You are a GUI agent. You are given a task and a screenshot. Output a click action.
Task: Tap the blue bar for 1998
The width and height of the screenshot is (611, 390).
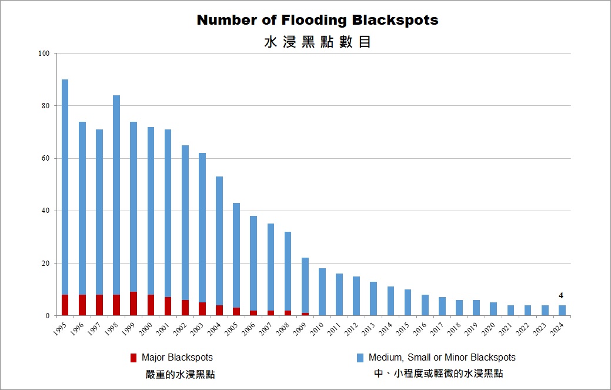click(116, 195)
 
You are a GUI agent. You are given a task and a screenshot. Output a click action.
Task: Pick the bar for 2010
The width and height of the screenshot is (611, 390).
click(322, 292)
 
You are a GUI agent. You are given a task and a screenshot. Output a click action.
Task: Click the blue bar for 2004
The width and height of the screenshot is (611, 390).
click(219, 241)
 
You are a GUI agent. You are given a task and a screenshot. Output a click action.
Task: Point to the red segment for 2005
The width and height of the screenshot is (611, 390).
click(236, 311)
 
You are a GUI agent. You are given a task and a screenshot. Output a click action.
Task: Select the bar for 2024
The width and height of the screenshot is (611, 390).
click(562, 310)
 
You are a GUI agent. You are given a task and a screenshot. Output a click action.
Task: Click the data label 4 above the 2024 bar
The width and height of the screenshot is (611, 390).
click(562, 295)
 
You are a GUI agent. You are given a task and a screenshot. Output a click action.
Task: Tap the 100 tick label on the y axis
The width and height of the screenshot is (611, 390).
click(44, 54)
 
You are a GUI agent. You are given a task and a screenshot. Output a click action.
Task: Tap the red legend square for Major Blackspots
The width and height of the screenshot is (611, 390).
click(133, 358)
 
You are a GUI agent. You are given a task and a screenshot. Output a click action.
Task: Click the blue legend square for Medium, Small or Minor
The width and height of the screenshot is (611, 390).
click(360, 358)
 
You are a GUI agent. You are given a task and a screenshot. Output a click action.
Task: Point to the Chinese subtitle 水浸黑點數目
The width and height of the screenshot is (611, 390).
click(318, 42)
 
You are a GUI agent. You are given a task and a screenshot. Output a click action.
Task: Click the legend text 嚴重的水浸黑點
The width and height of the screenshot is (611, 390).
click(181, 374)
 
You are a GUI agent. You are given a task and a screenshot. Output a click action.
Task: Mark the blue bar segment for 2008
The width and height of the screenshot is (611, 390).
click(288, 271)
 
